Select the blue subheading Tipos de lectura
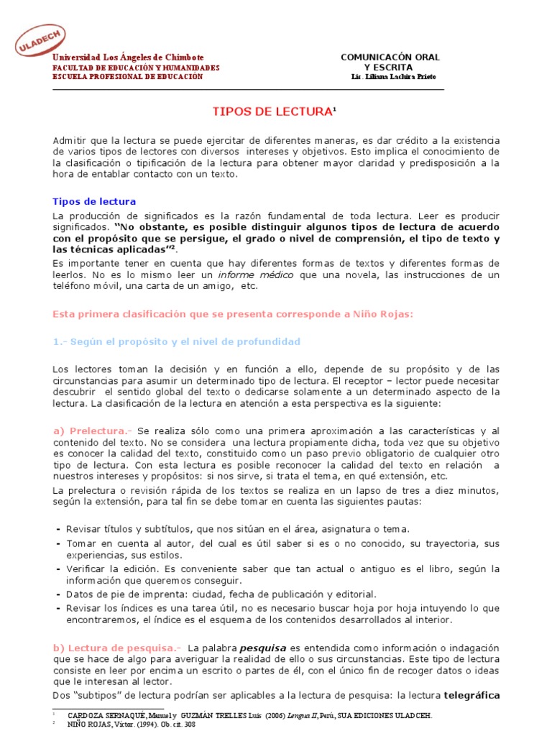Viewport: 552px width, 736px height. click(95, 201)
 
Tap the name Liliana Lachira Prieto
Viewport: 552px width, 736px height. click(393, 77)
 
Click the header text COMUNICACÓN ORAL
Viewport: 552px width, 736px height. click(390, 57)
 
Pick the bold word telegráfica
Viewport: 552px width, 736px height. click(471, 696)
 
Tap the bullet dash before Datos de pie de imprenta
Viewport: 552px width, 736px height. click(57, 594)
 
